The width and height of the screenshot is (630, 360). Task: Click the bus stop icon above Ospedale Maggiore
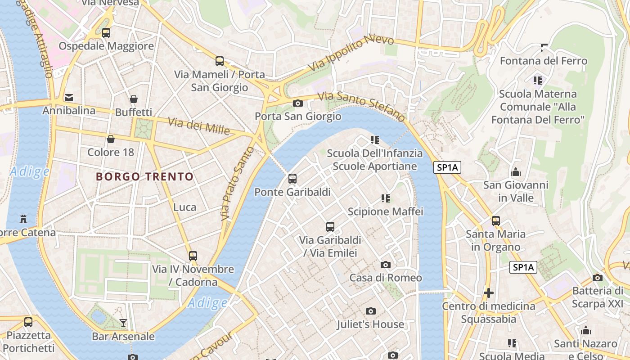click(x=106, y=33)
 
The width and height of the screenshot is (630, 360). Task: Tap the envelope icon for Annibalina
click(x=69, y=98)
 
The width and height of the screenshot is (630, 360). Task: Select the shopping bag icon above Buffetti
click(x=134, y=99)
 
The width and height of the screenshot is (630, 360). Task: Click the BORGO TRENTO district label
click(x=144, y=177)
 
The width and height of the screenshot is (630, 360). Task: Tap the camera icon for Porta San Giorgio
click(x=297, y=103)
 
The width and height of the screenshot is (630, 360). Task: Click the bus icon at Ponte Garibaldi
click(x=292, y=179)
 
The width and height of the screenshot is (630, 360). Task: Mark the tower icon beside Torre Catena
click(x=23, y=220)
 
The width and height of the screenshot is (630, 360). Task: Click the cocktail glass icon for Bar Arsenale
click(x=123, y=323)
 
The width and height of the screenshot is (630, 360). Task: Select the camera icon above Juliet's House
click(x=371, y=311)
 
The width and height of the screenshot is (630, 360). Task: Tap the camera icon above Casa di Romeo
click(x=386, y=265)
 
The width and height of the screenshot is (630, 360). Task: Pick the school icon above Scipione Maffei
click(x=385, y=198)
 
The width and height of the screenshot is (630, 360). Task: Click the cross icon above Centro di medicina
click(x=488, y=293)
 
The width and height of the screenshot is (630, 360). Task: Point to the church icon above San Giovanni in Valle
click(x=516, y=172)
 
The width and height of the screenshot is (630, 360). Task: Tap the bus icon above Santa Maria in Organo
click(x=496, y=221)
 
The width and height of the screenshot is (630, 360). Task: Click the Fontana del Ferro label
click(x=544, y=61)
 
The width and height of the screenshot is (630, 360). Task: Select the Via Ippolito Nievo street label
click(x=351, y=53)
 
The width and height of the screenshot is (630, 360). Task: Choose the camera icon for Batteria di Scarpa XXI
click(x=598, y=278)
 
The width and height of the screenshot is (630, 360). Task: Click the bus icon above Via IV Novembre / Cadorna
click(x=193, y=256)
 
